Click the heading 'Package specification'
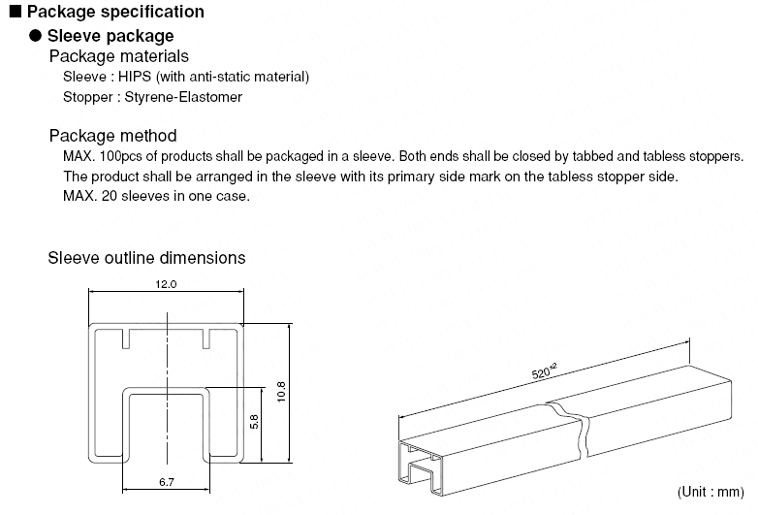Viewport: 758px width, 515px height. (x=114, y=12)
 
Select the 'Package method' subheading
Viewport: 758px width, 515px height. (x=112, y=136)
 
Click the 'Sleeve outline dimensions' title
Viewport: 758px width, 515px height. (x=146, y=258)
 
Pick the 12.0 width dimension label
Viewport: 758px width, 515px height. (x=166, y=285)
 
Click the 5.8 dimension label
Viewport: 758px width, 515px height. (x=253, y=423)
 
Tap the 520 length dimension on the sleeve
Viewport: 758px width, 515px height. (x=545, y=372)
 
